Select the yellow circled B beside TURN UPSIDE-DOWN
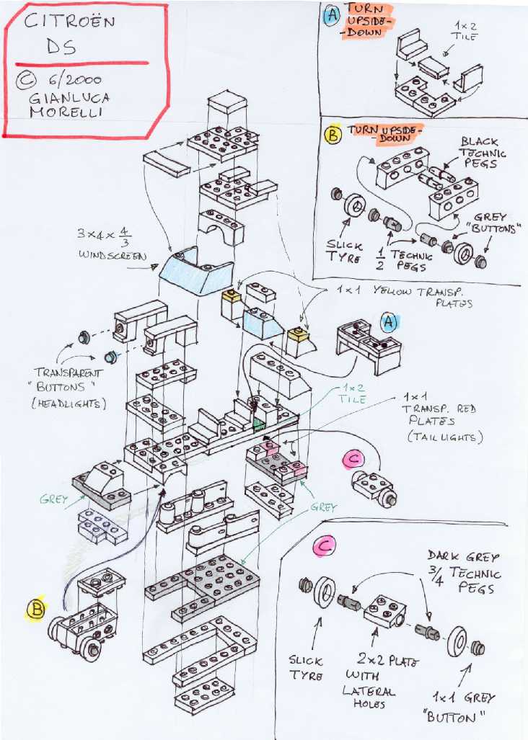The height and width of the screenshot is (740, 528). coord(333,135)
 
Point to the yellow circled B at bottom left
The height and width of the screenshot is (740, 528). coord(35,610)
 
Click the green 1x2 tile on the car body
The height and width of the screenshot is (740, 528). coord(258,423)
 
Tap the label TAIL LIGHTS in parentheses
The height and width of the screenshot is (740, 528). coord(444,437)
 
